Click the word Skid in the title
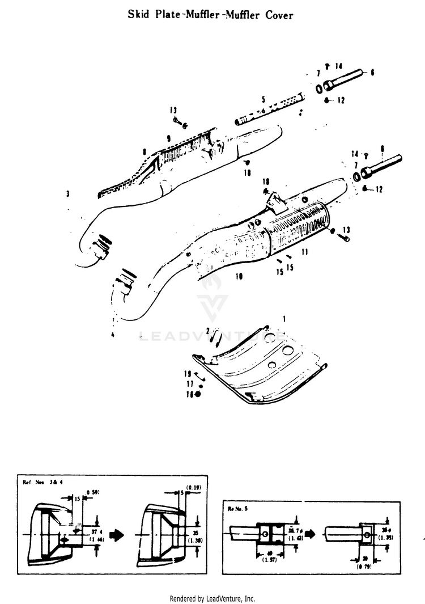[139, 15]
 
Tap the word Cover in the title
[279, 15]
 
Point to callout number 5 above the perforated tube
[263, 99]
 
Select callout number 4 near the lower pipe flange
[113, 335]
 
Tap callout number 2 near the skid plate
[208, 330]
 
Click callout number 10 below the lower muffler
[239, 276]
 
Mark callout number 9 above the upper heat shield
[168, 138]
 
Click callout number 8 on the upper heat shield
[145, 151]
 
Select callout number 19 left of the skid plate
[186, 374]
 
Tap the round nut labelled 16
[198, 394]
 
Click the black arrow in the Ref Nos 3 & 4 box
[116, 535]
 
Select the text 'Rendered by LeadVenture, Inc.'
[212, 598]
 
